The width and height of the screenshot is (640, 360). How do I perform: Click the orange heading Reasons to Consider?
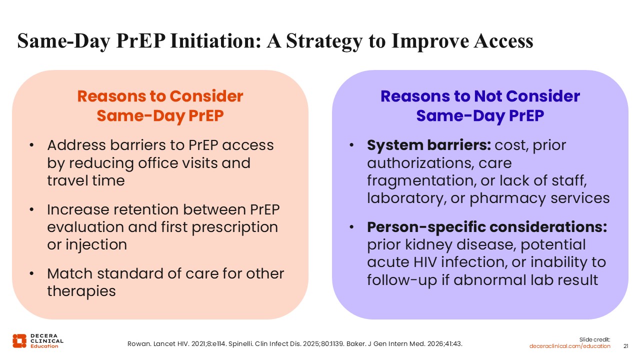coord(160,96)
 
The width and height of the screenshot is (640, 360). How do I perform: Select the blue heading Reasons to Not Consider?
coord(480,96)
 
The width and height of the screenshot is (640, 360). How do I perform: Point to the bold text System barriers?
coord(428,145)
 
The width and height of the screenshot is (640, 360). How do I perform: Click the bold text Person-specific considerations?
coord(487,227)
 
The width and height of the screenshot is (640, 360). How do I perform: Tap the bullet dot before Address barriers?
coord(32,145)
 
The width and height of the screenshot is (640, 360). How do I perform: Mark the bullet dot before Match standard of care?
coord(32,274)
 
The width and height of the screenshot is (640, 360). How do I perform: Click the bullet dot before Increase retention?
coord(32,210)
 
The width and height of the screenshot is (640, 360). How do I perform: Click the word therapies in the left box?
coord(81,291)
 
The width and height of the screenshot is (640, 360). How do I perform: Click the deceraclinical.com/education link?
coord(570,346)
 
